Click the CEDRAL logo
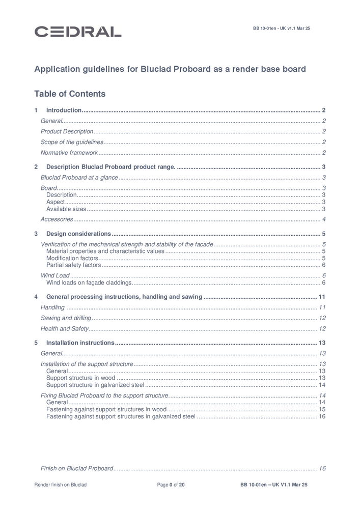(x=78, y=32)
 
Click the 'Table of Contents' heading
(x=70, y=94)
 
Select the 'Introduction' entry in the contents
(x=64, y=110)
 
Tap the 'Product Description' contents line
(x=67, y=131)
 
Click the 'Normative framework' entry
(x=69, y=153)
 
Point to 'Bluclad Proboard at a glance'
(x=79, y=178)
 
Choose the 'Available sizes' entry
(x=66, y=209)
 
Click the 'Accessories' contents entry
(x=57, y=219)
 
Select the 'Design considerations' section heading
(x=78, y=234)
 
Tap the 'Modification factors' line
(x=69, y=259)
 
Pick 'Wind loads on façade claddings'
(x=89, y=283)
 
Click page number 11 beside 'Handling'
(x=322, y=307)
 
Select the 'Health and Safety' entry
(x=65, y=329)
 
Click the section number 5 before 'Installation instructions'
(x=36, y=343)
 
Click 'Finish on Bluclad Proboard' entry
(x=76, y=468)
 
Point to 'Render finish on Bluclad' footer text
(x=61, y=485)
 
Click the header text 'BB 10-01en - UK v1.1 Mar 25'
(x=281, y=29)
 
